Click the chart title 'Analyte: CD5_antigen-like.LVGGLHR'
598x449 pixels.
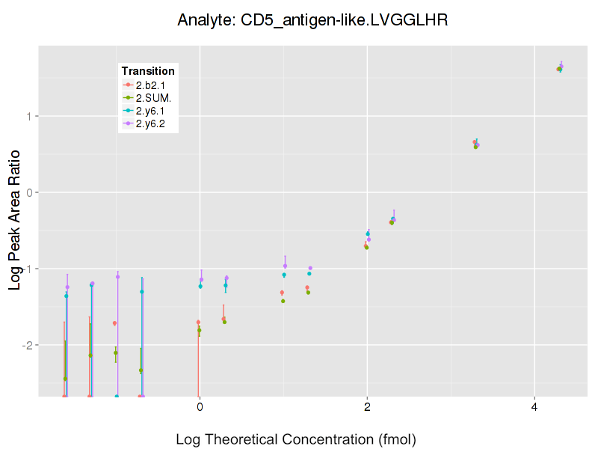[x=312, y=20]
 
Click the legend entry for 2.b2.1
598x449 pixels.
[x=150, y=85]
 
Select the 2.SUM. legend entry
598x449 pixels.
[x=153, y=98]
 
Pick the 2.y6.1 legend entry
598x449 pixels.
[x=150, y=111]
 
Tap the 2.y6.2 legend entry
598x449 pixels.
[x=150, y=123]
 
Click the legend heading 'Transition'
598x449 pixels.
[x=148, y=71]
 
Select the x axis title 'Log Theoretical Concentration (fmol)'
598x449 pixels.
[x=295, y=439]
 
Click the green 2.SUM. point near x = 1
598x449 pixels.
[x=283, y=301]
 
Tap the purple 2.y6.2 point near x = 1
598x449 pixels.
[x=285, y=266]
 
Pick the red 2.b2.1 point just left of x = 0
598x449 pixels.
[x=198, y=322]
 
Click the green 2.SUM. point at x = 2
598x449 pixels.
[x=366, y=247]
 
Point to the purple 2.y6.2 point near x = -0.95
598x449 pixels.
[x=117, y=276]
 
